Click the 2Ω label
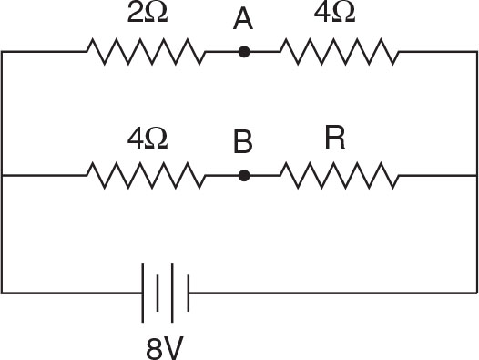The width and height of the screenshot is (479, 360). coord(147,17)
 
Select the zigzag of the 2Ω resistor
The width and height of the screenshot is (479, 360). coord(147,52)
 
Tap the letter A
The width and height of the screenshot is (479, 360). coord(242,19)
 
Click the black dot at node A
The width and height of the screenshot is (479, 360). coord(243,52)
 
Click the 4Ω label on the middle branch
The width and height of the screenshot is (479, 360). coord(147,139)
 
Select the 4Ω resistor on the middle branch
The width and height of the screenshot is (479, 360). coord(147,174)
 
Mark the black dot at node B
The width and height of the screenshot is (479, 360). coord(243,174)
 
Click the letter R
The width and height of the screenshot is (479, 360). coord(335,139)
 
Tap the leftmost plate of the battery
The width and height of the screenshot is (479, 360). coord(144,293)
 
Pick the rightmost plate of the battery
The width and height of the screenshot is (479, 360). coord(189,293)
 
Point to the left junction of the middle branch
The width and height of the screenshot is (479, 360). coord(3,174)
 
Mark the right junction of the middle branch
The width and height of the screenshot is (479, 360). coord(476,174)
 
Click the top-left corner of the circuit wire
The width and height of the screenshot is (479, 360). coord(3,52)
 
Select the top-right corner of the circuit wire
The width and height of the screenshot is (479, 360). coord(476,52)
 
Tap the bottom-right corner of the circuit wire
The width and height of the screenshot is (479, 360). coord(476,293)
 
